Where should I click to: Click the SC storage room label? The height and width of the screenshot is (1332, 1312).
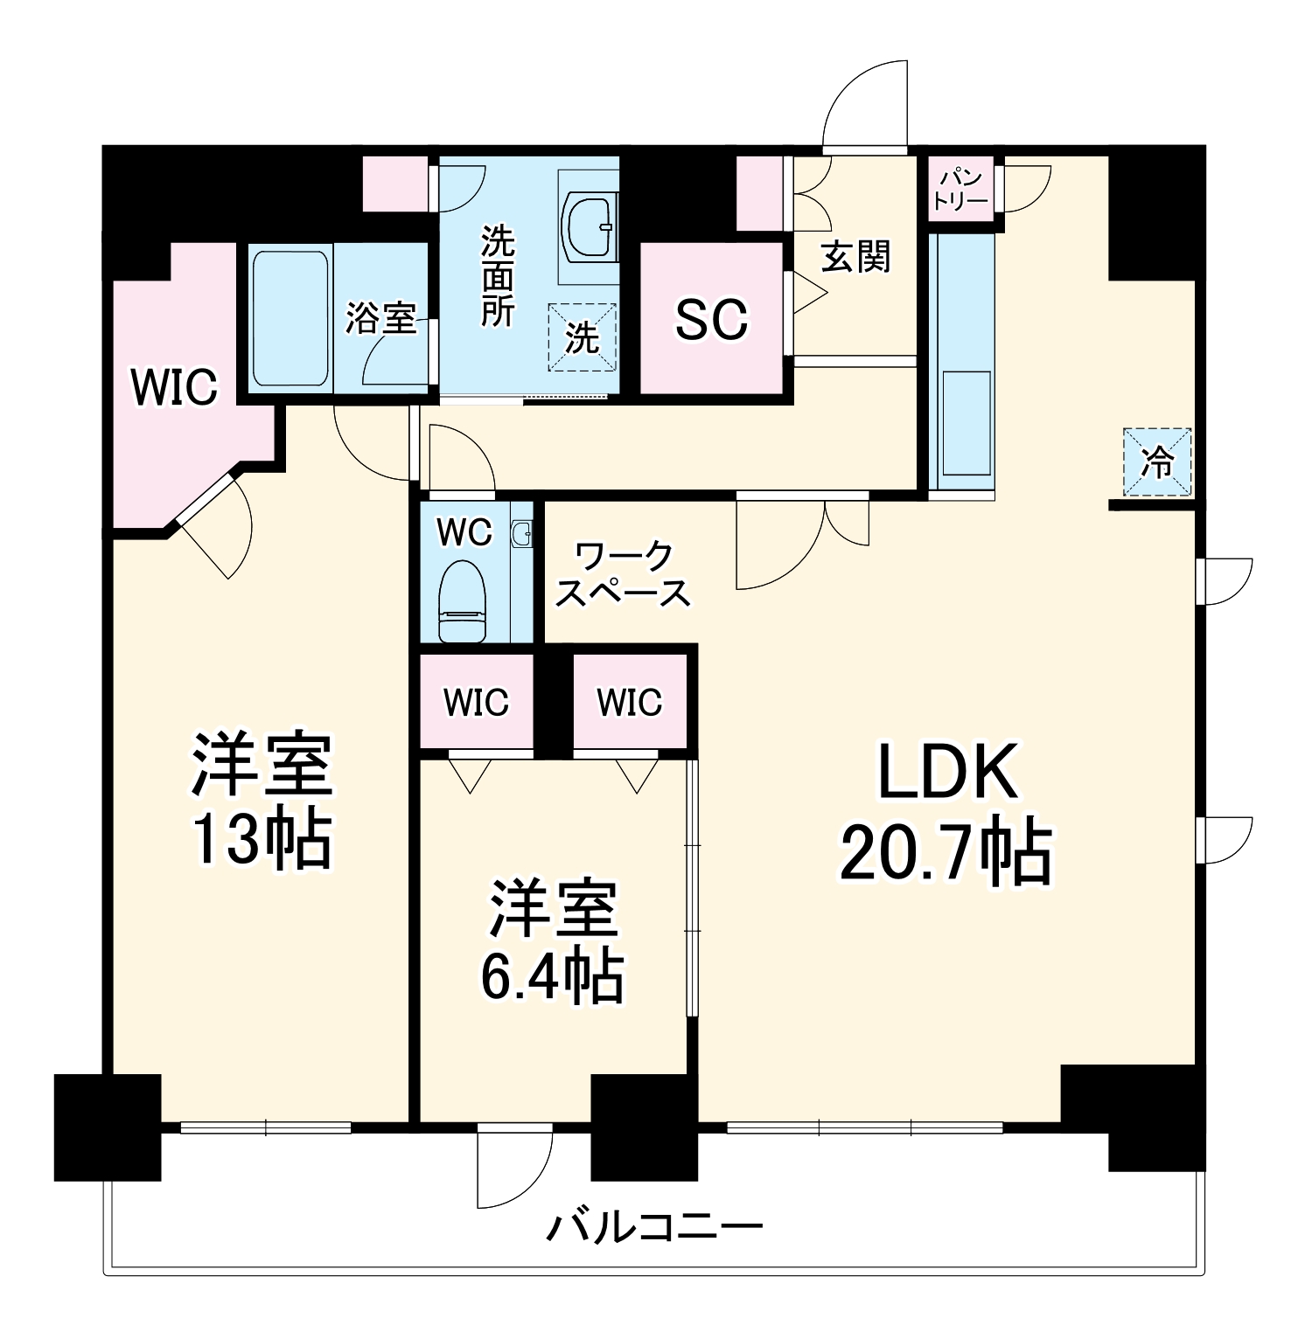(x=711, y=319)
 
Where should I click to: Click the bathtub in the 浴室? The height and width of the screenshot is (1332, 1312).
(x=289, y=319)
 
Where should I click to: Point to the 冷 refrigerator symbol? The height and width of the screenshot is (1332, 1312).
(x=1157, y=462)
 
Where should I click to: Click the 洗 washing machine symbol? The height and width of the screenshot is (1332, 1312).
(x=582, y=338)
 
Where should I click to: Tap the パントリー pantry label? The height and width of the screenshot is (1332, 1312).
(x=960, y=189)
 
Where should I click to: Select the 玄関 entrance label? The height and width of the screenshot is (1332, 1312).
(x=855, y=257)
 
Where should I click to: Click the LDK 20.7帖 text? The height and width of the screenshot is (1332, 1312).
(x=946, y=813)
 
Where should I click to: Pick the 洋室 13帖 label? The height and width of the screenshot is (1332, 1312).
(x=261, y=801)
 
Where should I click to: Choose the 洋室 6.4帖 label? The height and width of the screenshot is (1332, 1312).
(x=553, y=940)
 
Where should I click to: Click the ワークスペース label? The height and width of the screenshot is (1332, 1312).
(x=623, y=574)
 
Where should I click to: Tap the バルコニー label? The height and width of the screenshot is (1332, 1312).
(x=654, y=1227)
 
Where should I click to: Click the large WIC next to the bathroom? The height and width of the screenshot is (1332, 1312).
(x=174, y=386)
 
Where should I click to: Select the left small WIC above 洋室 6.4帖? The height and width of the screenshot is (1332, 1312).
(x=476, y=702)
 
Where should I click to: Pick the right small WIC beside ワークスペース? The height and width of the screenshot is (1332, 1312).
(x=630, y=702)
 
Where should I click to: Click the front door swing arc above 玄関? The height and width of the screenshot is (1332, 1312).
(x=862, y=105)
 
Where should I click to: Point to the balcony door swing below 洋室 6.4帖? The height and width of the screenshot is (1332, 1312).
(x=514, y=1167)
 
